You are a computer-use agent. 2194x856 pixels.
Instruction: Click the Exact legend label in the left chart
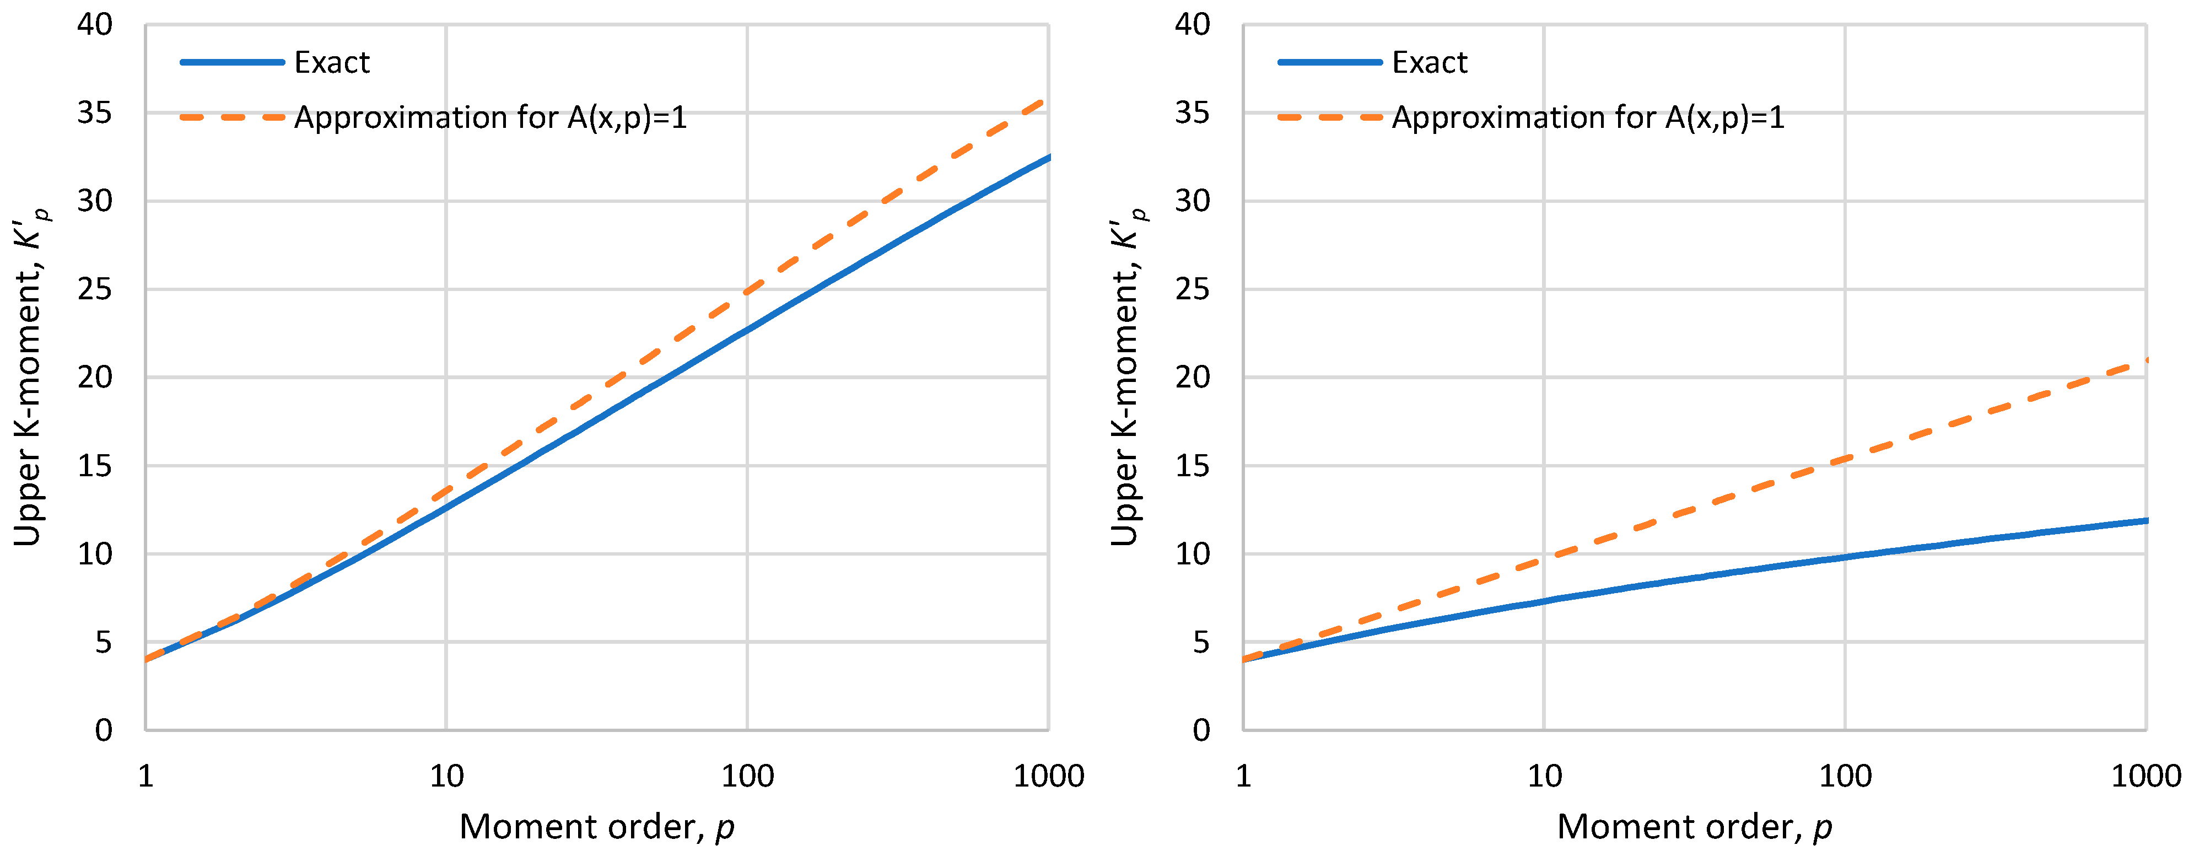pos(331,63)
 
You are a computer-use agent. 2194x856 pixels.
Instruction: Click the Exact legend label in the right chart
pos(1429,63)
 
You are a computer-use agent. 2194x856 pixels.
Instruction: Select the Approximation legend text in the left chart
pos(490,117)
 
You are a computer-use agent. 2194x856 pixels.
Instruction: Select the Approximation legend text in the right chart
pos(1588,117)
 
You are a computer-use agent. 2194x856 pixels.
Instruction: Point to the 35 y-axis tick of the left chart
pos(95,114)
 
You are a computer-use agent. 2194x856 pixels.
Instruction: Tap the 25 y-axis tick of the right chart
pos(1193,289)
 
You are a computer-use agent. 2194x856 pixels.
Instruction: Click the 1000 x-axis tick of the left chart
pos(1048,776)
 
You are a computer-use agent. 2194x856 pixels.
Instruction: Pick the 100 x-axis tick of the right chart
pos(1845,776)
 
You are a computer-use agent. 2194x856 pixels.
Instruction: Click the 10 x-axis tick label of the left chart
pos(446,776)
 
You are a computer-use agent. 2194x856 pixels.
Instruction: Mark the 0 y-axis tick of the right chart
pos(1201,730)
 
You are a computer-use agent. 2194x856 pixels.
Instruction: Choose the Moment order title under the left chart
pos(596,827)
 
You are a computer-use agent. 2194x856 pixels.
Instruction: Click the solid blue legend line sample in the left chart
pos(231,62)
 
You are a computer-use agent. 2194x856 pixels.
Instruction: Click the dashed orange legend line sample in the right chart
pos(1329,117)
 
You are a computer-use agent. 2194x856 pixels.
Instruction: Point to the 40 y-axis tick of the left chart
pos(95,25)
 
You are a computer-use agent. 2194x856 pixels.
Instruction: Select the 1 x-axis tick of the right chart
pos(1243,776)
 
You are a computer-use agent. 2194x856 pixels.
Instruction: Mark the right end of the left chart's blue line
pos(1048,157)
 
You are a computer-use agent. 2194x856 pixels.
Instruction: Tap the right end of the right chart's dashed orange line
pos(2146,359)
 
